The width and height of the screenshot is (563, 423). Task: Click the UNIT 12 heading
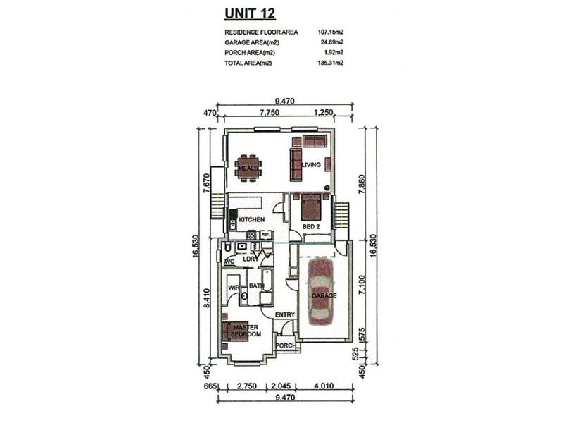pyautogui.click(x=250, y=13)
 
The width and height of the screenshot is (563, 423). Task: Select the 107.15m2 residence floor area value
pyautogui.click(x=331, y=32)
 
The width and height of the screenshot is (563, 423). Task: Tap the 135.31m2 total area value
pyautogui.click(x=331, y=63)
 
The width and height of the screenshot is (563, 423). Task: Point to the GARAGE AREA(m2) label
pyautogui.click(x=252, y=42)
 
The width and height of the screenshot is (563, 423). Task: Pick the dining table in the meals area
pyautogui.click(x=248, y=168)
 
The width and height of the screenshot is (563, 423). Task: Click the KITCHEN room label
pyautogui.click(x=252, y=219)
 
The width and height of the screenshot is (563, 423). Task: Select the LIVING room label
pyautogui.click(x=311, y=165)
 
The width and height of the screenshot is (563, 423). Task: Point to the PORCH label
pyautogui.click(x=286, y=345)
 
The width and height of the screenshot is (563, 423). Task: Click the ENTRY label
pyautogui.click(x=285, y=314)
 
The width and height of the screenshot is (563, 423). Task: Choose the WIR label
pyautogui.click(x=234, y=288)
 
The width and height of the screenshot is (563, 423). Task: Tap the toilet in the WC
pyautogui.click(x=227, y=248)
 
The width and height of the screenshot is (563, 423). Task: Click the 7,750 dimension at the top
pyautogui.click(x=270, y=112)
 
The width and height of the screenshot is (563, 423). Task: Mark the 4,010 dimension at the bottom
pyautogui.click(x=324, y=386)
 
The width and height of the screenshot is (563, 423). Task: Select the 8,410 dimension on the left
pyautogui.click(x=206, y=298)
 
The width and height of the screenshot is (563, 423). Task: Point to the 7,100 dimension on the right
pyautogui.click(x=362, y=286)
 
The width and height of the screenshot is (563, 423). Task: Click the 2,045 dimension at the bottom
pyautogui.click(x=280, y=386)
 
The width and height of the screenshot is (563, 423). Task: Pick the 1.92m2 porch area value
pyautogui.click(x=334, y=52)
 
